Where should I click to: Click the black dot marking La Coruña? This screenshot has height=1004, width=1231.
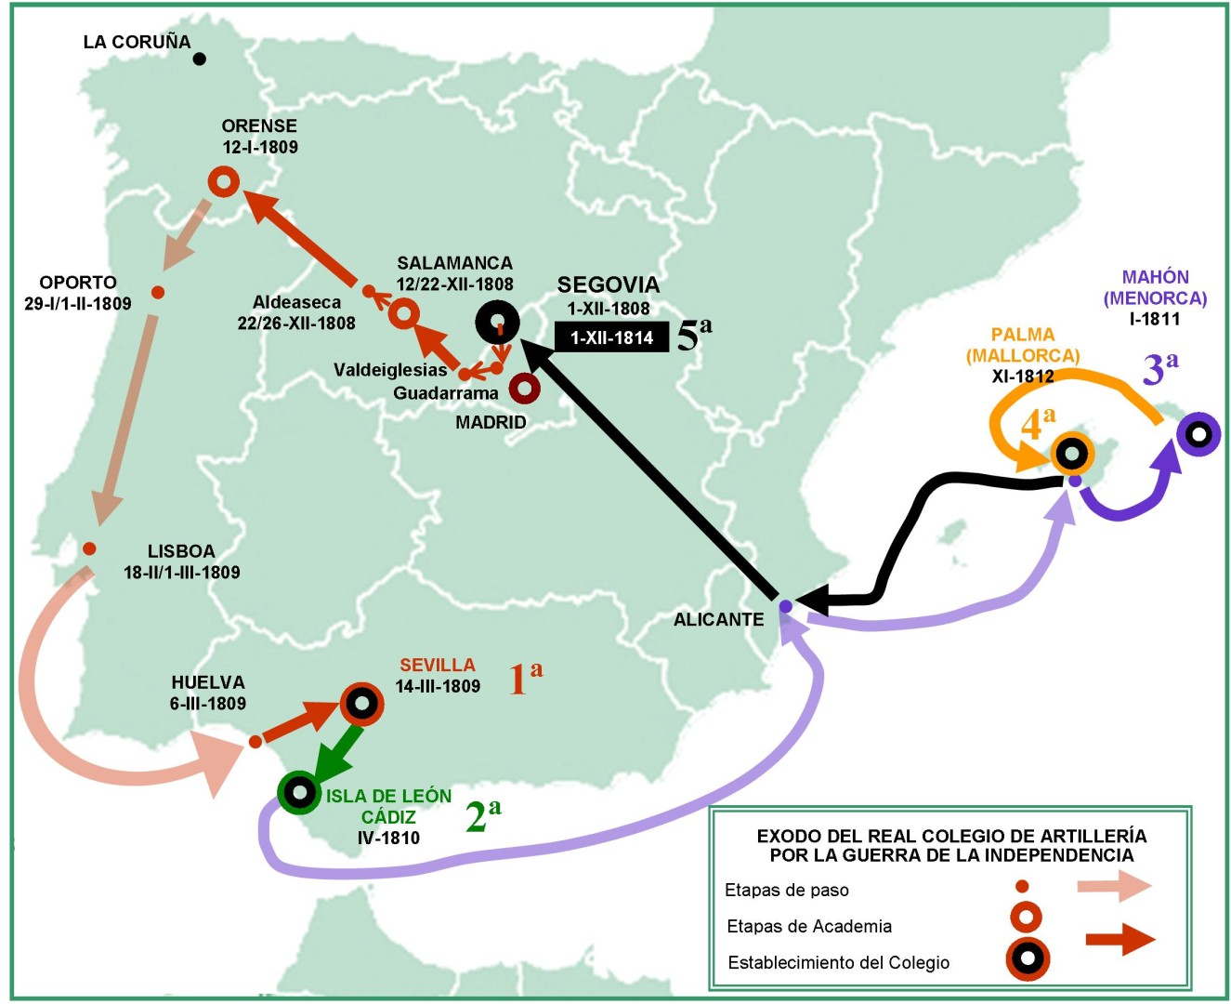point(199,59)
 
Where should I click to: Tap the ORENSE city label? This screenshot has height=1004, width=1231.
point(259,125)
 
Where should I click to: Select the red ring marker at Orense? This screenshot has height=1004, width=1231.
point(223,181)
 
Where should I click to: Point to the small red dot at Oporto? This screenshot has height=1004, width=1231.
point(158,292)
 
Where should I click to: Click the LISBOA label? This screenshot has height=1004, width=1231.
point(181,551)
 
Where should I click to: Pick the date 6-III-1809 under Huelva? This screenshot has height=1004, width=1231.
point(208,704)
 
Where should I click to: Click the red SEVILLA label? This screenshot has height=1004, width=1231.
point(437,665)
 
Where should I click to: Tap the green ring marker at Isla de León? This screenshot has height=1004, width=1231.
point(299,793)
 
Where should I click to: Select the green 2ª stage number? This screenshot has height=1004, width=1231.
point(482,815)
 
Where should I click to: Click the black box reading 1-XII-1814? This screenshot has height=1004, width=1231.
point(611,337)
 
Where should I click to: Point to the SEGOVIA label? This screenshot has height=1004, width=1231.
point(608,284)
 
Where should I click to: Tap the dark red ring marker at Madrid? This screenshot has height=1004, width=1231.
point(524,388)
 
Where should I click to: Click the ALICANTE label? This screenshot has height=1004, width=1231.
point(718,619)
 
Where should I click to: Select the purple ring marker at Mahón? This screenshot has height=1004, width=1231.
point(1198,434)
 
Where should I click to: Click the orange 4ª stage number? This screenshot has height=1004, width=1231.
point(1038,424)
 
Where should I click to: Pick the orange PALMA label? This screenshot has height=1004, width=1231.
point(1022,335)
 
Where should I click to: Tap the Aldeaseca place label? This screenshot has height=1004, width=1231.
point(296,302)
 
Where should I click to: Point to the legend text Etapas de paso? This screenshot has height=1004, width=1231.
point(786,890)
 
